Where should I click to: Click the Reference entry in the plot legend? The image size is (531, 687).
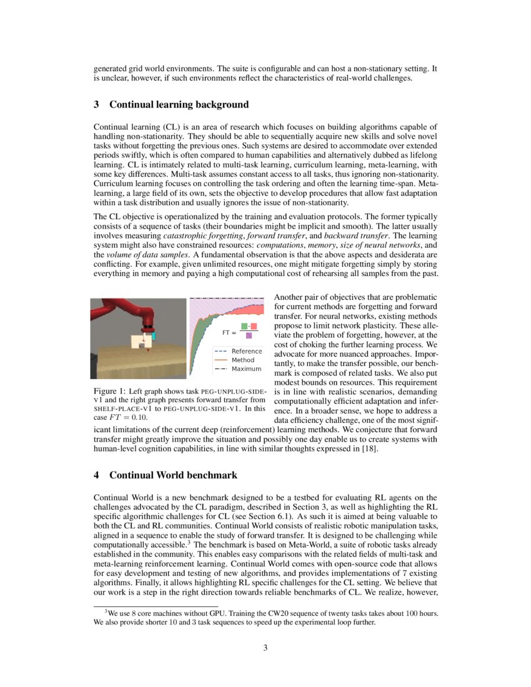(x=246, y=351)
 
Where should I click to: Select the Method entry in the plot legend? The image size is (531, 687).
(x=243, y=360)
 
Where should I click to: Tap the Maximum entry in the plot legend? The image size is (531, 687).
(x=246, y=368)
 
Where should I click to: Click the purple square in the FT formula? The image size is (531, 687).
(x=249, y=336)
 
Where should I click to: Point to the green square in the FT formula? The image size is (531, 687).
(x=245, y=327)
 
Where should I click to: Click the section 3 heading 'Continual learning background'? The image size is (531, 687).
(x=179, y=104)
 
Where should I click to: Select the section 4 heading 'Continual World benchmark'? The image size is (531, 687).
(x=173, y=475)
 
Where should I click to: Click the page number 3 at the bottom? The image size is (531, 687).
(x=265, y=648)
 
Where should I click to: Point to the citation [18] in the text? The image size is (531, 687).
(x=369, y=449)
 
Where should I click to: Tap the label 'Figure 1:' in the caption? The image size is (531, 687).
(x=109, y=391)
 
